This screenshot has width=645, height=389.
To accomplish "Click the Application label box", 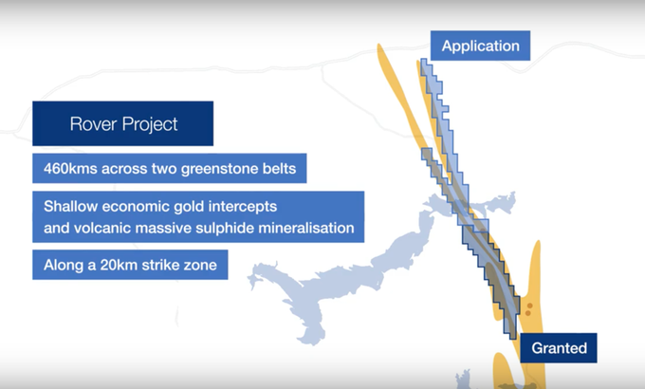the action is (x=480, y=46).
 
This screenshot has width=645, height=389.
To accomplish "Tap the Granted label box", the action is (x=559, y=348).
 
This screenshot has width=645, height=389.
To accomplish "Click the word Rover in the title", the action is (x=93, y=124).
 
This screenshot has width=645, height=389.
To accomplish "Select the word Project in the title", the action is (x=150, y=124).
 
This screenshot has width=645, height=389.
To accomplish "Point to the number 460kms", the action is (x=70, y=168).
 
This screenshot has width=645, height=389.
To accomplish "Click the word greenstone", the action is (x=220, y=169).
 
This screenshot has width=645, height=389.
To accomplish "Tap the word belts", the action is (x=281, y=168).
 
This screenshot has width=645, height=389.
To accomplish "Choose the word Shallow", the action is (x=70, y=206).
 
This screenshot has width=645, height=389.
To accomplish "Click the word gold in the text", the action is (x=189, y=206).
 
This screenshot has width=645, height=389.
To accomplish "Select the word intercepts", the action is (x=243, y=207).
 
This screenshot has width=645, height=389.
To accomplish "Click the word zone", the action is (x=200, y=266).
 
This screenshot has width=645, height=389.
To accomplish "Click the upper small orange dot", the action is (x=530, y=306).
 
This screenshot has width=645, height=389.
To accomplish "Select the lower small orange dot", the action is (x=528, y=314).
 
